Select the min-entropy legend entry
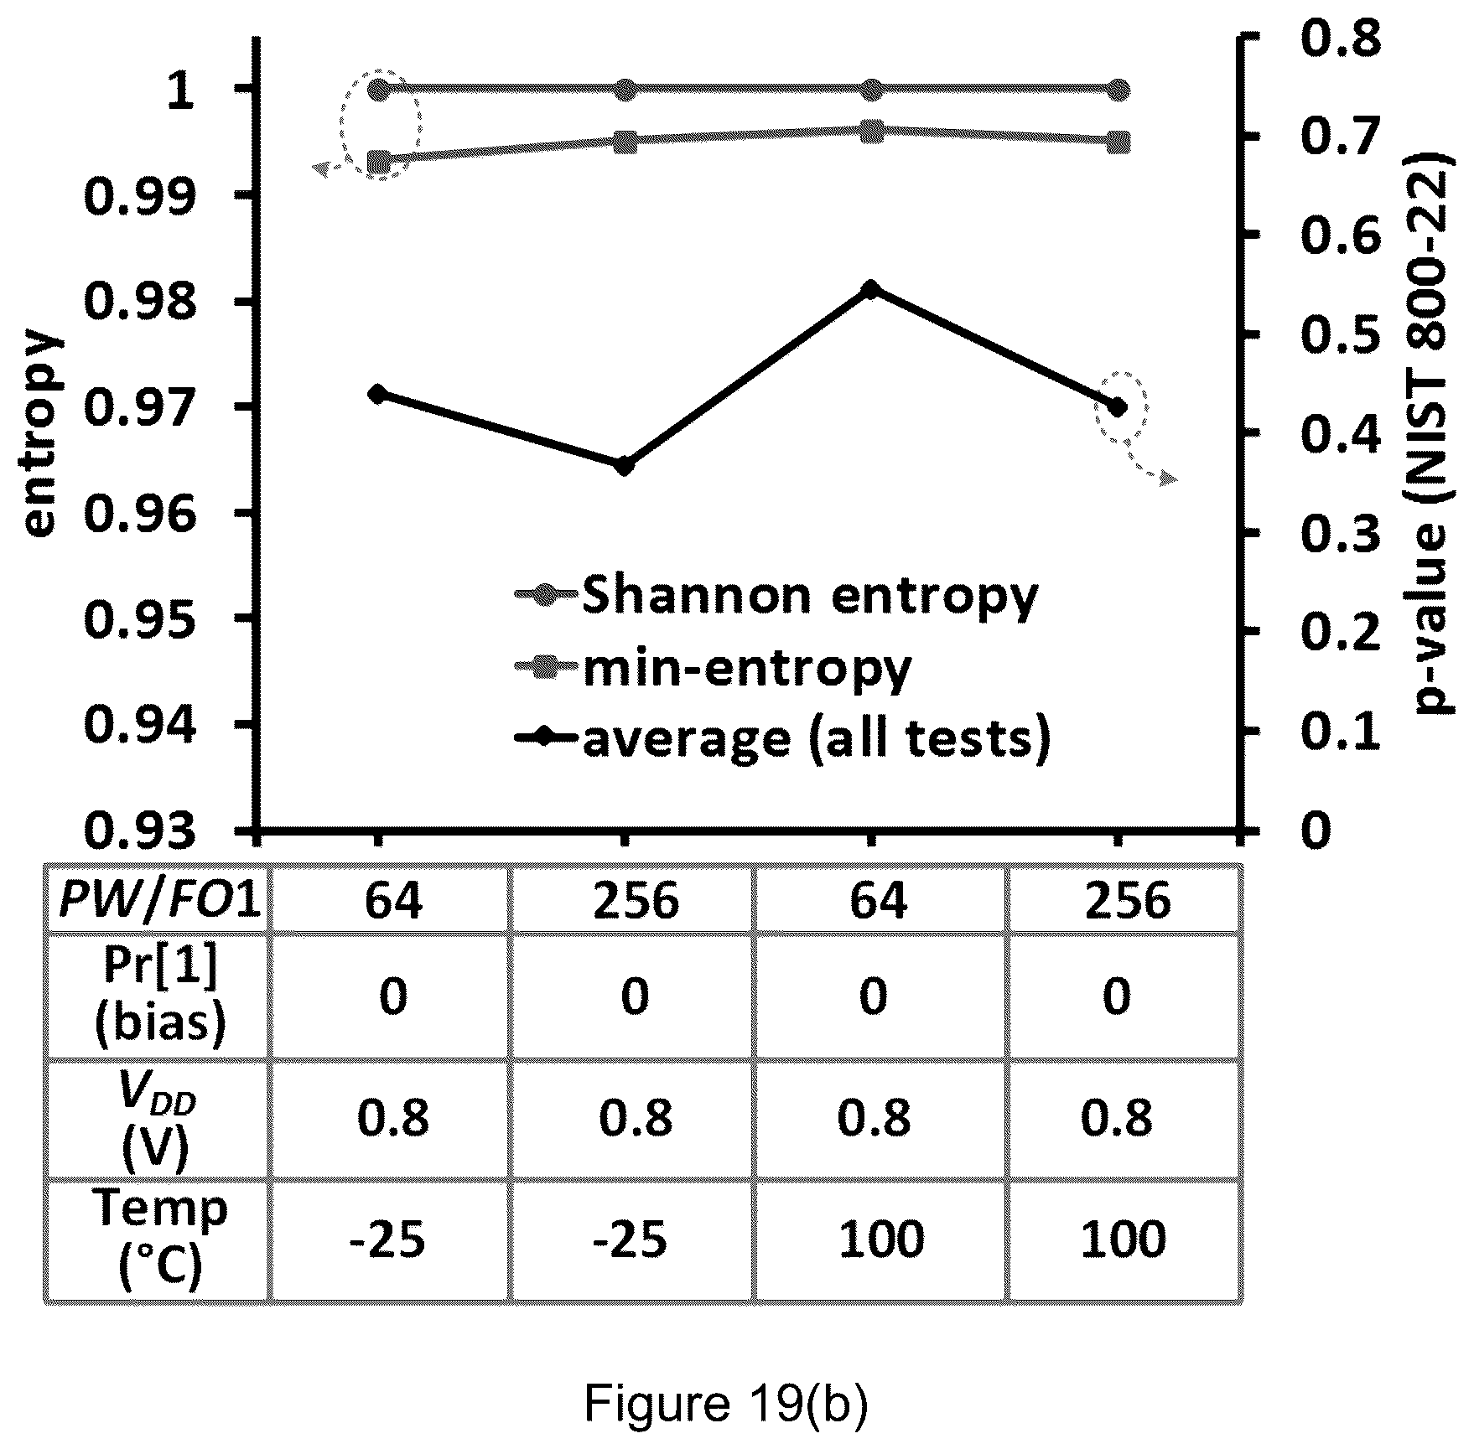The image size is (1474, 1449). click(714, 669)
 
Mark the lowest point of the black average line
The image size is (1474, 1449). click(624, 466)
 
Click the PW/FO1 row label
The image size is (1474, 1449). click(158, 900)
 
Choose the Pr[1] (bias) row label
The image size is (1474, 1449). click(159, 996)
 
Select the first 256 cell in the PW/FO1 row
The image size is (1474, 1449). click(635, 900)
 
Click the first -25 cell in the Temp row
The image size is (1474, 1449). click(389, 1240)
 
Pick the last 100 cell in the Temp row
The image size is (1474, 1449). click(1122, 1240)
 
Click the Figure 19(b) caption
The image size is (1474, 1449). click(726, 1404)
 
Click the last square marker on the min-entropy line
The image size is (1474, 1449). click(1118, 142)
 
